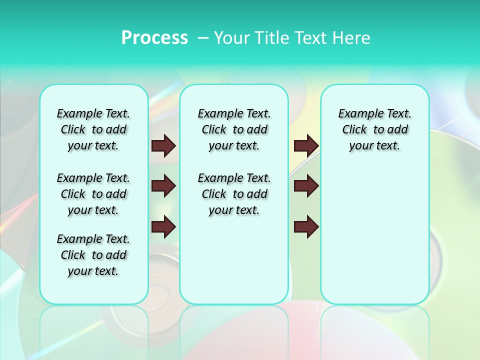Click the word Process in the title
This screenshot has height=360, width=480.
154,38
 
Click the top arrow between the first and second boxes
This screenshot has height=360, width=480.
163,146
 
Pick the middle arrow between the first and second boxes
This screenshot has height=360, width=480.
163,186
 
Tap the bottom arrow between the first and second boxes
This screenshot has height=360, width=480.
163,226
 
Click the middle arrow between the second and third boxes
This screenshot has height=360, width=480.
306,186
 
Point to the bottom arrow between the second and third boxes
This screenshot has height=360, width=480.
306,226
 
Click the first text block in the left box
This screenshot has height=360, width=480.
93,129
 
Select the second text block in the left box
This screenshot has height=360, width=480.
93,194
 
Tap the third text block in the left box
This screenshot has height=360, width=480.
93,255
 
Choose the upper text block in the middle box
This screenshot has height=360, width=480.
234,129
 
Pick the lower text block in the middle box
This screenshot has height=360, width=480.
234,194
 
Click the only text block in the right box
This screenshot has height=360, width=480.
375,129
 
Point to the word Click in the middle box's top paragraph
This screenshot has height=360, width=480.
214,130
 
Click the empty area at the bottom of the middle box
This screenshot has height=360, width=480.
234,265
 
